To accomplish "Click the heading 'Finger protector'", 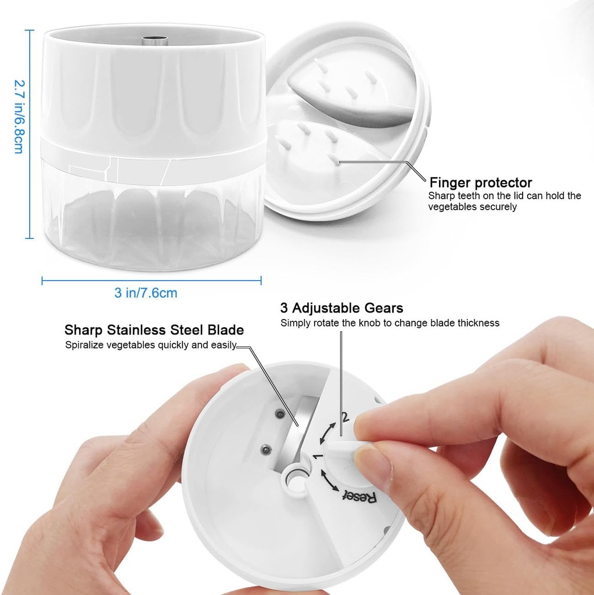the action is pos(481,182).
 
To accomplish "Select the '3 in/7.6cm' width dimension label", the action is pos(146,293).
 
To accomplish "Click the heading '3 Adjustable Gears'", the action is pos(341,308).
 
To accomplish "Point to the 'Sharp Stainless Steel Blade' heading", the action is pos(154,330).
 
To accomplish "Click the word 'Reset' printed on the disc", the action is pos(360,496).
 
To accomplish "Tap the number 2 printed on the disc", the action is pos(345,417).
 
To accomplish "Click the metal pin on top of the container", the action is pos(155,40).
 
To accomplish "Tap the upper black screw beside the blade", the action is pos(280,414).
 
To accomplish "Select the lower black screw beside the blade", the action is pos(267,450).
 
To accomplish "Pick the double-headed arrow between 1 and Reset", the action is pos(329,481).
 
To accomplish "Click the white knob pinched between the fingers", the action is pos(341,448).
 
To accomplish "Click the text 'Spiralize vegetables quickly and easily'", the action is pos(150,345).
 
